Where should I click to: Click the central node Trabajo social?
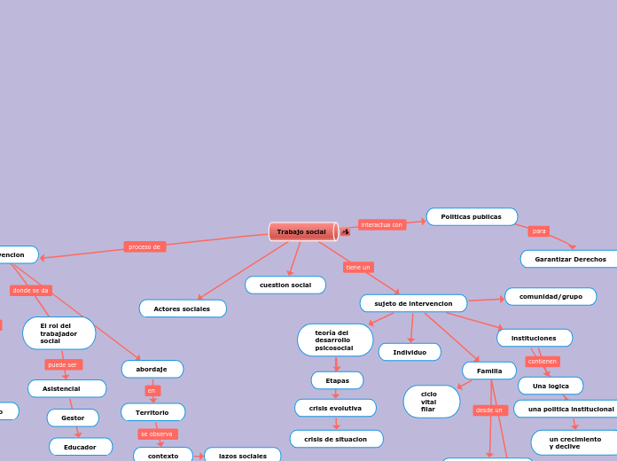coord(302,231)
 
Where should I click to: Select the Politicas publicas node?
coord(472,216)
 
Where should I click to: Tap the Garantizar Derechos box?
coord(570,259)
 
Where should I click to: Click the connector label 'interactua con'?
coord(382,225)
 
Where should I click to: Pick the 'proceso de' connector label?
coord(144,246)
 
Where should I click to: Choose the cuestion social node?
coord(285,285)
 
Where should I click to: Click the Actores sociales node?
coord(183,309)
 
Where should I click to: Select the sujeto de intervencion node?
coord(413,303)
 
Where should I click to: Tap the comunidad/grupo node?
coord(551,296)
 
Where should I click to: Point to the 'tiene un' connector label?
coord(358,267)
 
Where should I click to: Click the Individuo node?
coord(410,352)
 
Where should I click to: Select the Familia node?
coord(489,371)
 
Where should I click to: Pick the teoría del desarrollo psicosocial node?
coord(335,340)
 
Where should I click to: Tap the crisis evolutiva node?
coord(335,408)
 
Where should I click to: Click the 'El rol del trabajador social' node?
coord(59,333)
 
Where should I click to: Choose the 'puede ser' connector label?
coord(63,364)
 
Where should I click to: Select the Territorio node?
coord(152,412)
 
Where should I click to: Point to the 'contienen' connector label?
coord(543,362)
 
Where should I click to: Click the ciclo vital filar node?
coord(431,402)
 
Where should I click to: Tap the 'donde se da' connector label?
coord(31,290)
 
